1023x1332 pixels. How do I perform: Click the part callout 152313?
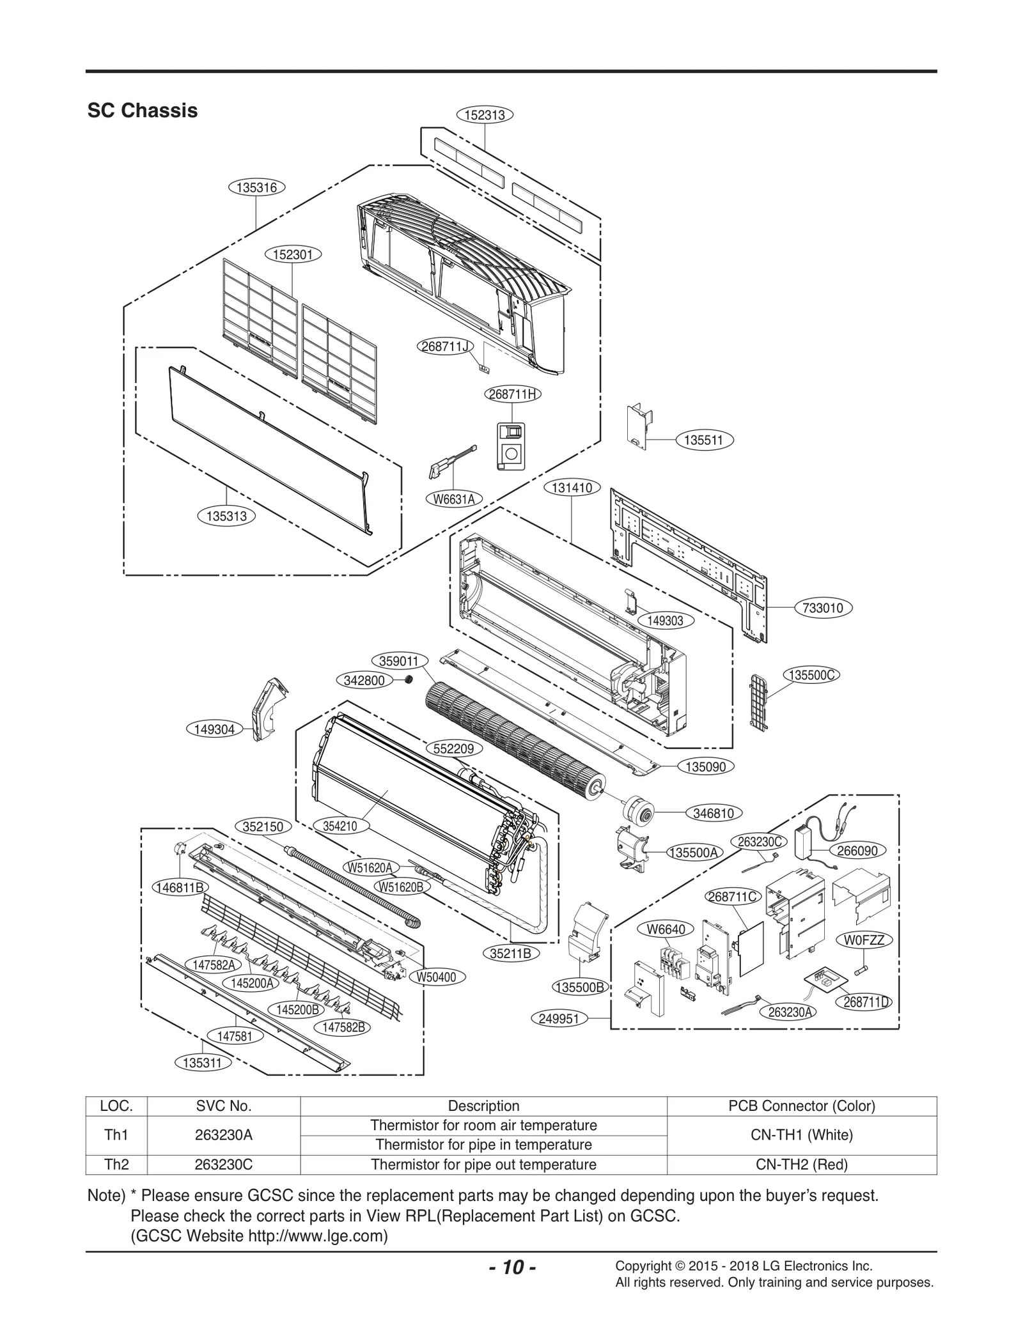pyautogui.click(x=485, y=115)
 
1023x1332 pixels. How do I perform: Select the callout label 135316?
pyautogui.click(x=256, y=187)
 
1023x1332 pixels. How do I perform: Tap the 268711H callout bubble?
pyautogui.click(x=512, y=394)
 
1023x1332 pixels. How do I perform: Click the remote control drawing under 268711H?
pyautogui.click(x=510, y=447)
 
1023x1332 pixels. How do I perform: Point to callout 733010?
pyautogui.click(x=824, y=608)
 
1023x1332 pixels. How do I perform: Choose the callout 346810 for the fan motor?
pyautogui.click(x=714, y=813)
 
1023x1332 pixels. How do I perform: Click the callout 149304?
pyautogui.click(x=214, y=729)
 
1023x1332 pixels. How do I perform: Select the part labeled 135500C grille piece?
pyautogui.click(x=760, y=701)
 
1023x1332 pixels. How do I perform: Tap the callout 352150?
pyautogui.click(x=263, y=826)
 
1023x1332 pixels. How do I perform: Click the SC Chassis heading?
pyautogui.click(x=143, y=111)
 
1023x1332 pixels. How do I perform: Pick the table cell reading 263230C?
pyautogui.click(x=223, y=1165)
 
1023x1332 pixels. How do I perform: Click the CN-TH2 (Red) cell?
pyautogui.click(x=801, y=1165)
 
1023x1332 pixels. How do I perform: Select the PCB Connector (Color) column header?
pyautogui.click(x=801, y=1106)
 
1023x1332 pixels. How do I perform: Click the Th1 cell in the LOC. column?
pyautogui.click(x=116, y=1135)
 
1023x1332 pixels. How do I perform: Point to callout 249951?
pyautogui.click(x=559, y=1018)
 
